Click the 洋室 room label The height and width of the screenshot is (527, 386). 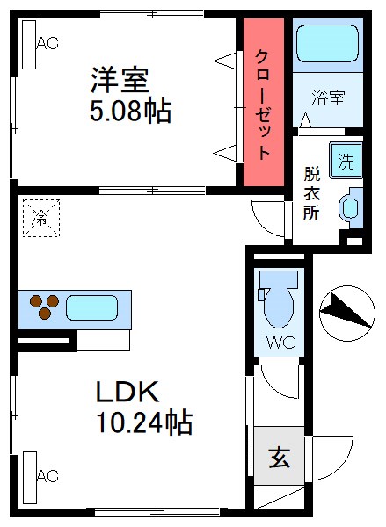click(119, 79)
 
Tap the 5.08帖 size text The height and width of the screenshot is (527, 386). click(129, 112)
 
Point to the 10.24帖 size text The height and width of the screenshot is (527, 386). click(144, 422)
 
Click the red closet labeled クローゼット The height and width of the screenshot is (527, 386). click(264, 103)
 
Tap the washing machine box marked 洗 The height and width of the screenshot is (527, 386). click(346, 162)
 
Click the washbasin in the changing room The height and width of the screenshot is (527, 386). click(350, 208)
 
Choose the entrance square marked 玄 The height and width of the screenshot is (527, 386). click(279, 457)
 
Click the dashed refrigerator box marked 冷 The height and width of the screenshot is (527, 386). click(40, 216)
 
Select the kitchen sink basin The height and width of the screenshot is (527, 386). click(91, 307)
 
